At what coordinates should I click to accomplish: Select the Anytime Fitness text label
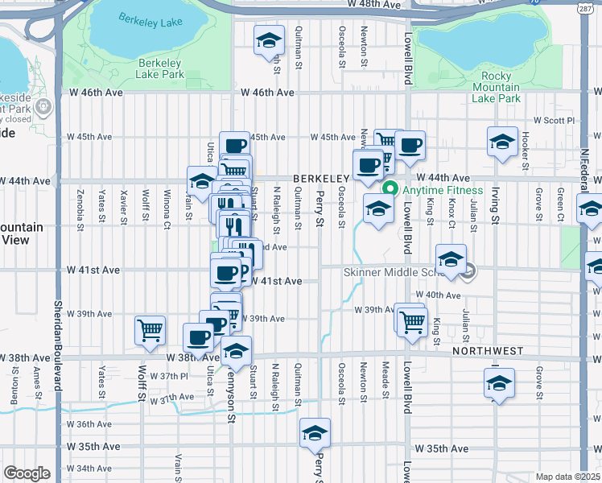pyautogui.click(x=443, y=191)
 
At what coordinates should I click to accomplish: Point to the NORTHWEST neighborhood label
pyautogui.click(x=488, y=352)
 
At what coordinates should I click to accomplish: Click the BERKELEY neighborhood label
pyautogui.click(x=320, y=177)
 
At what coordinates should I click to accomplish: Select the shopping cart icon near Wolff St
pyautogui.click(x=150, y=330)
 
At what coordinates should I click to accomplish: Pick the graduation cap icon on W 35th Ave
pyautogui.click(x=315, y=433)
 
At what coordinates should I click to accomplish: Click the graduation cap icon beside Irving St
pyautogui.click(x=503, y=142)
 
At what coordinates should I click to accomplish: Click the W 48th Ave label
pyautogui.click(x=373, y=5)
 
